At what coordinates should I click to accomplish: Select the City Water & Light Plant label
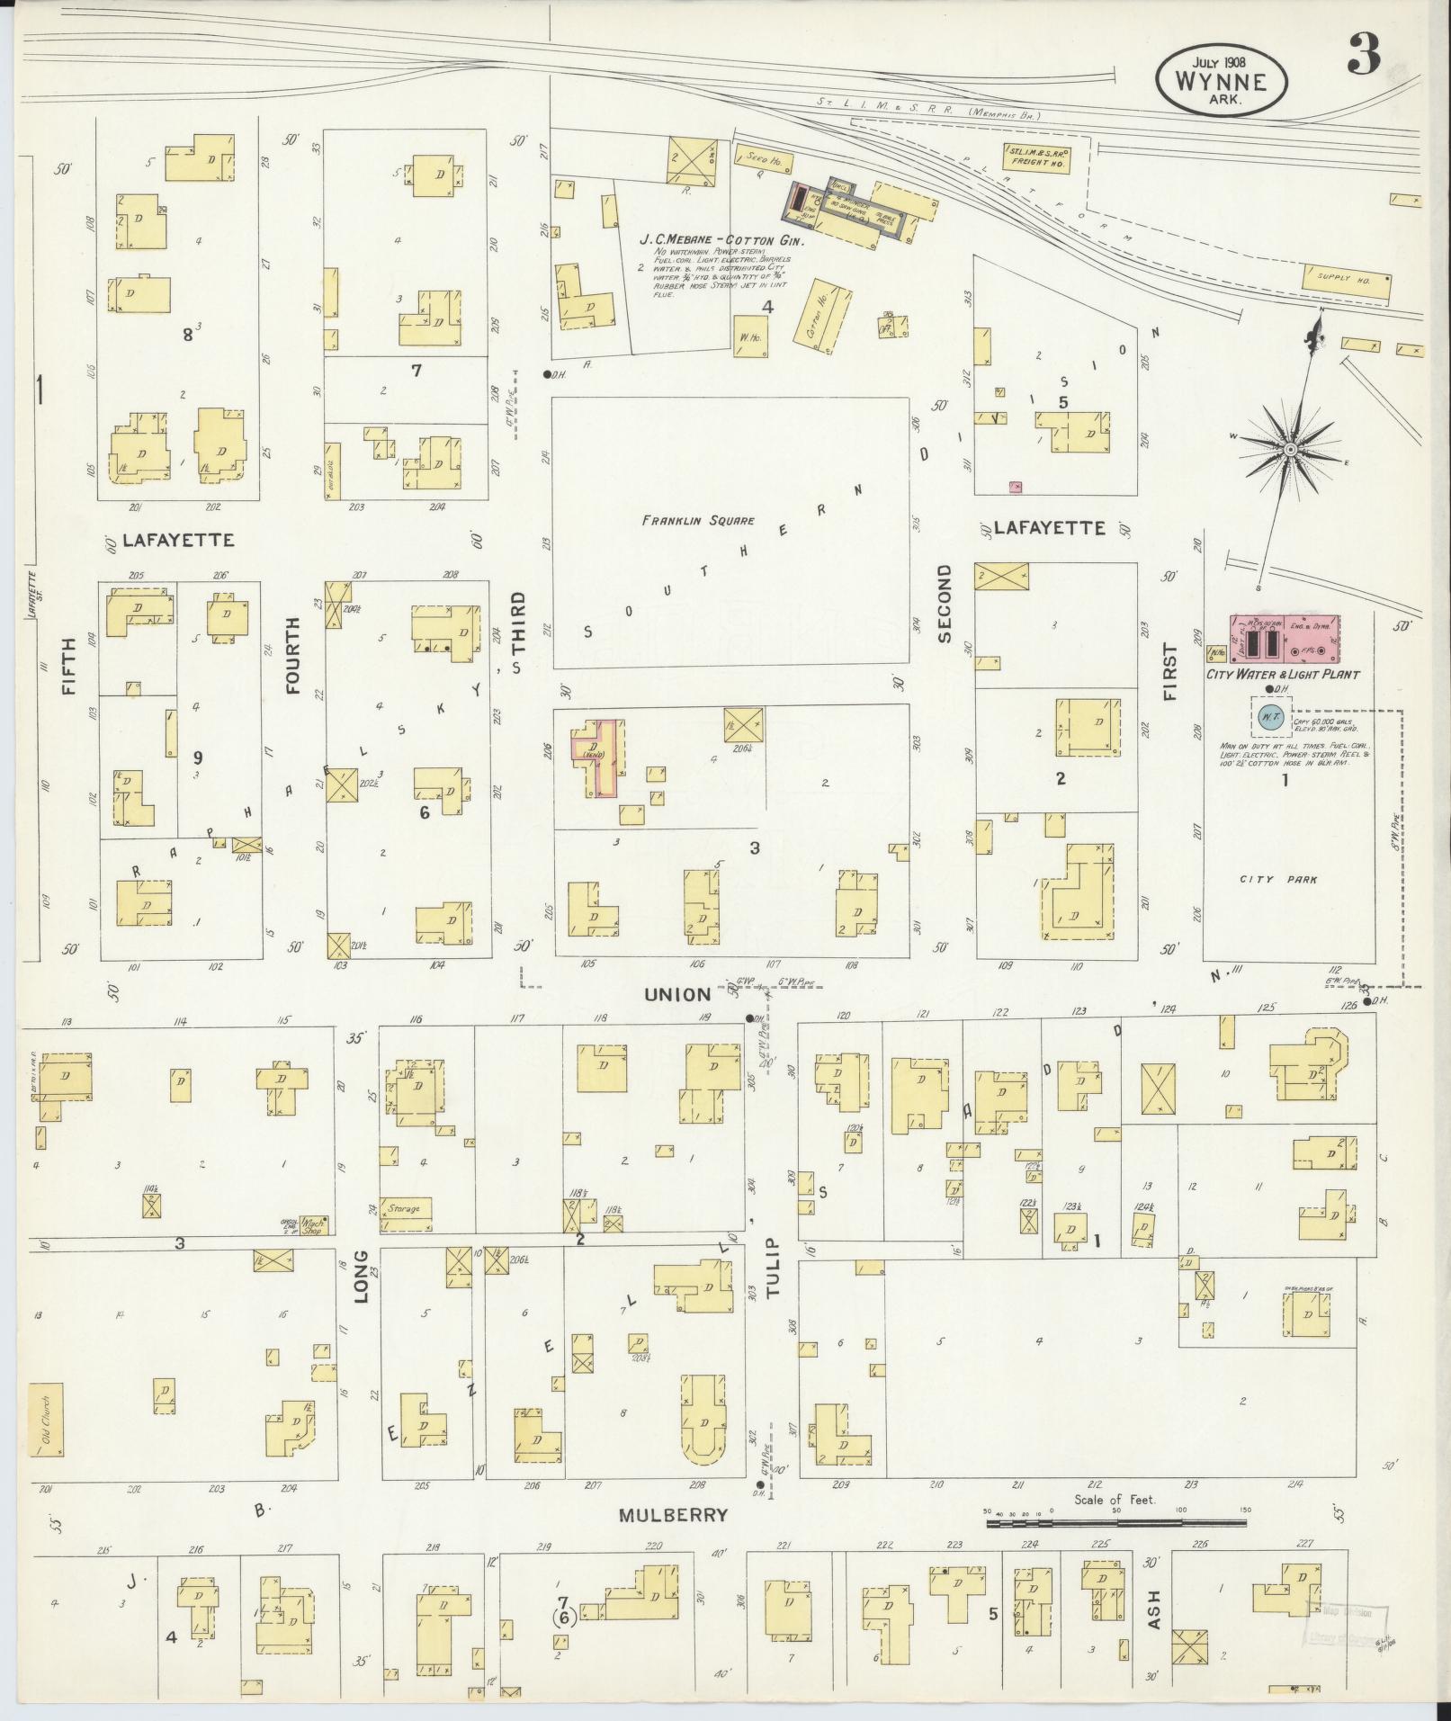click(x=1282, y=674)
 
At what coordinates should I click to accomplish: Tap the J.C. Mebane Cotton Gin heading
click(x=722, y=240)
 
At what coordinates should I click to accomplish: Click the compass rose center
click(x=1290, y=449)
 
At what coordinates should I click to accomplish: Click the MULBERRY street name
click(x=673, y=1516)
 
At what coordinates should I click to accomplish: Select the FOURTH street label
click(x=293, y=667)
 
